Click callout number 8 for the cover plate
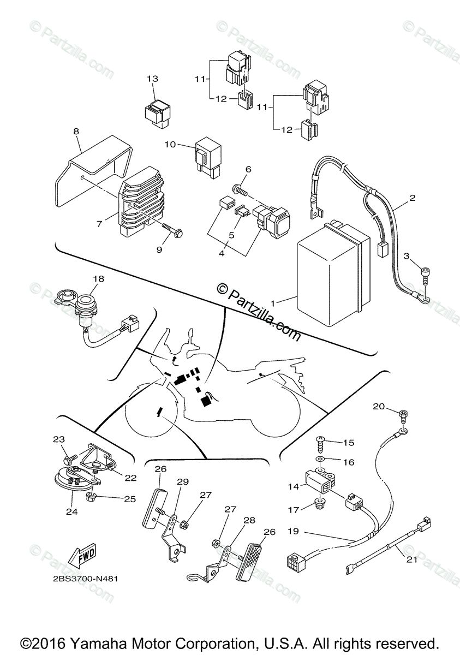click(76, 131)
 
